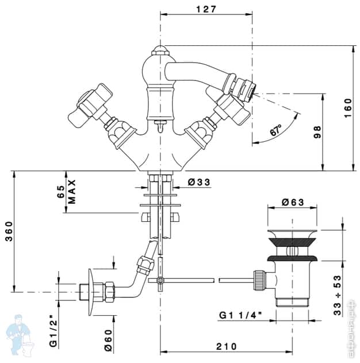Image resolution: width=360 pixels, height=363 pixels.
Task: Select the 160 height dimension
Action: pyautogui.click(x=347, y=107)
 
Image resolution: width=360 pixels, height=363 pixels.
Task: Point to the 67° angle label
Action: pyautogui.click(x=275, y=131)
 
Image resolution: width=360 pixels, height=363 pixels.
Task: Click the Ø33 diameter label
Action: pyautogui.click(x=199, y=183)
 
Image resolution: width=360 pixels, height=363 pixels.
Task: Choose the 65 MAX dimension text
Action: pyautogui.click(x=66, y=191)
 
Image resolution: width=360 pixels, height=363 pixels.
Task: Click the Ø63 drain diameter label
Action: pyautogui.click(x=293, y=202)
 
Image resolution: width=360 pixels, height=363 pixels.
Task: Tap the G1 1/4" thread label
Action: pyautogui.click(x=241, y=315)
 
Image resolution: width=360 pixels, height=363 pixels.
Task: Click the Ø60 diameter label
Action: pyautogui.click(x=107, y=343)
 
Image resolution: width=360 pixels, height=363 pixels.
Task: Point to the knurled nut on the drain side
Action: pyautogui.click(x=259, y=282)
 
